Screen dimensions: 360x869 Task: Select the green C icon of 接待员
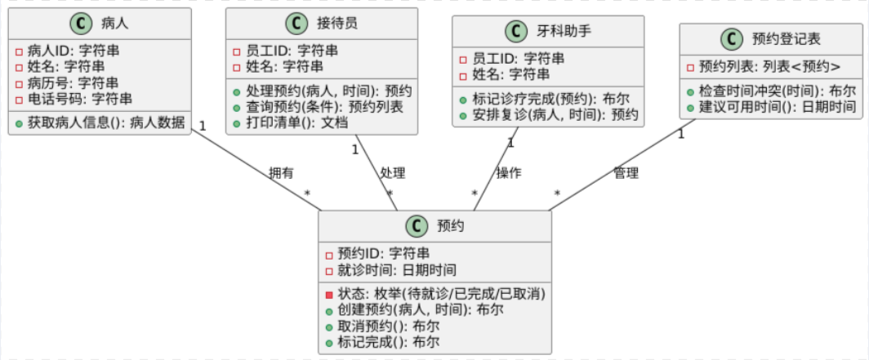(296, 24)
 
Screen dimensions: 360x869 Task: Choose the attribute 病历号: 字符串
(73, 82)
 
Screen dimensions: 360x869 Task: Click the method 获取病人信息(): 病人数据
(106, 122)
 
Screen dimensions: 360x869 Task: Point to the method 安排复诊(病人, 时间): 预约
(555, 114)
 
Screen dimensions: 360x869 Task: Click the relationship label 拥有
(282, 172)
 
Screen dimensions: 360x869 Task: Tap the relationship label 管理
(626, 172)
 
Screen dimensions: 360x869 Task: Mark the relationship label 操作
(509, 172)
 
